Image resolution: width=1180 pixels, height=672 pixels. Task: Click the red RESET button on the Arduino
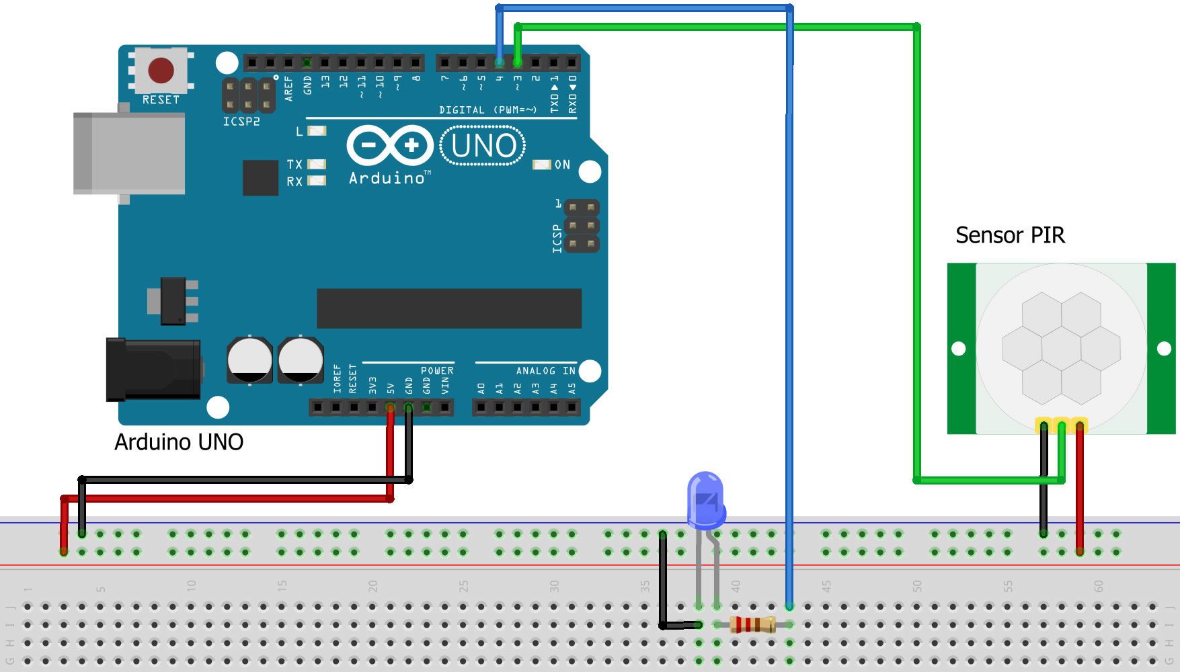(x=161, y=70)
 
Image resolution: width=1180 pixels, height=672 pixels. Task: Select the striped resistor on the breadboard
(x=752, y=624)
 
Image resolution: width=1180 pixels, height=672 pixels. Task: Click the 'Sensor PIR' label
(x=1010, y=235)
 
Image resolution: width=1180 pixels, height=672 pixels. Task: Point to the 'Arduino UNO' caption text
(x=179, y=442)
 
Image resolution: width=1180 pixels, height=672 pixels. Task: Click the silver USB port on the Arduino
(x=129, y=153)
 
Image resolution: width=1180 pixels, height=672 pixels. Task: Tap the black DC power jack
(x=154, y=370)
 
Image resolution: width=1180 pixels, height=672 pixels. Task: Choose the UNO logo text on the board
(x=483, y=146)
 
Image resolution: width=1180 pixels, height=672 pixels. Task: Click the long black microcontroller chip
(x=448, y=308)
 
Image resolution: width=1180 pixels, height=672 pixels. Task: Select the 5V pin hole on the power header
(x=390, y=407)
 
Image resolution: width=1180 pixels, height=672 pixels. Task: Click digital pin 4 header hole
(x=499, y=62)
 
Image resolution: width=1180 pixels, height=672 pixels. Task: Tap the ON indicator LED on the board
(x=542, y=165)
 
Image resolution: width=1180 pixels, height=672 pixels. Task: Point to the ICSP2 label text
(x=241, y=122)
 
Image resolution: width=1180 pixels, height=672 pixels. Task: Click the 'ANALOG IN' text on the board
(x=545, y=371)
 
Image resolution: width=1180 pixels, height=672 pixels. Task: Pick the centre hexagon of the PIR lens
(x=1061, y=349)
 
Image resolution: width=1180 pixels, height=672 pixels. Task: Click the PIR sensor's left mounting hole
(x=959, y=349)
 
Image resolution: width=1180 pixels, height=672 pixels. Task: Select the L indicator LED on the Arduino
(x=317, y=131)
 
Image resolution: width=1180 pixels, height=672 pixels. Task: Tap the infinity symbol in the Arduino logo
(x=389, y=145)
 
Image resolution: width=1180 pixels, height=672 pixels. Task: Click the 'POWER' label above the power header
(x=437, y=371)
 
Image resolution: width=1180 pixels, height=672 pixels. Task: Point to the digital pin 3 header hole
(x=517, y=62)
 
